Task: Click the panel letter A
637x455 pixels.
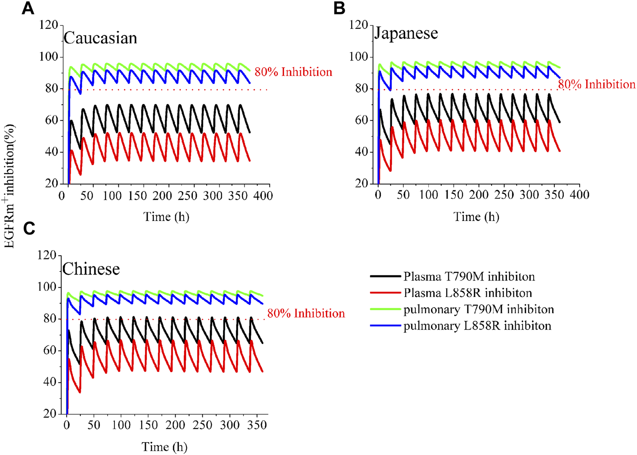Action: click(28, 8)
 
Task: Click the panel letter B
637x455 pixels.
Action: click(339, 8)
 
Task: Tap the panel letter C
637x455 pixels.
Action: click(29, 228)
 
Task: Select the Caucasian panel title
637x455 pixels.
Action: click(100, 38)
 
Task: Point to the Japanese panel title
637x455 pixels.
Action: click(406, 33)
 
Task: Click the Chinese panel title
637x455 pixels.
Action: click(91, 269)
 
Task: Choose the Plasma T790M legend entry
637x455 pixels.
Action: click(469, 276)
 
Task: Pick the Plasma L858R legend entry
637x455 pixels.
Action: click(467, 293)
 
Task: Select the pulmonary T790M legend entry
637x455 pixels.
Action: click(478, 309)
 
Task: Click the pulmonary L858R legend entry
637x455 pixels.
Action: click(477, 326)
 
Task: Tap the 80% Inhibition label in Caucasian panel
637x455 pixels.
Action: click(293, 72)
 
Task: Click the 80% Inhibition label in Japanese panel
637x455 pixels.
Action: click(597, 84)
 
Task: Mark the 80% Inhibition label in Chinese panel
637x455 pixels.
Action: click(306, 313)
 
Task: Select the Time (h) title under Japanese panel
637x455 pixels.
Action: click(476, 216)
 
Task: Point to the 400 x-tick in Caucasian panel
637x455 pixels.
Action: click(263, 196)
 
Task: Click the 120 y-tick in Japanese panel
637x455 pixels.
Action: click(359, 25)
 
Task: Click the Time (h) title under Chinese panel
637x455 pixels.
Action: click(165, 447)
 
